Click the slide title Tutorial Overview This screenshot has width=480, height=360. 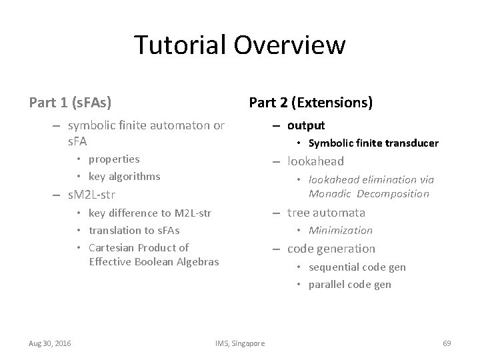(239, 45)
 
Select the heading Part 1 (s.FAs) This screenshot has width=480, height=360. (70, 103)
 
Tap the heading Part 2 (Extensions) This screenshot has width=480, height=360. (310, 103)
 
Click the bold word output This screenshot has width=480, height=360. (306, 125)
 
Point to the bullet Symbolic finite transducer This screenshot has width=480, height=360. (373, 143)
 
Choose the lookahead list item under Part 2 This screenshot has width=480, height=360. (315, 161)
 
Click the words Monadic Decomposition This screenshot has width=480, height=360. (369, 194)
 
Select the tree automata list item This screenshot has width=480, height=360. (326, 213)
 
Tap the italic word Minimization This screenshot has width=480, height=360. (340, 231)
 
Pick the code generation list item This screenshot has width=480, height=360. (331, 249)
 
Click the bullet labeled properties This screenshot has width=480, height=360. (114, 159)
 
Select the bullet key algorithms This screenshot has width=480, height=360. (124, 177)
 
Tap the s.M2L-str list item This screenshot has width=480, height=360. (92, 195)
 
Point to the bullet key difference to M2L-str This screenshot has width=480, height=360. (149, 213)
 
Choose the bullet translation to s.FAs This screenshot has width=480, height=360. (134, 230)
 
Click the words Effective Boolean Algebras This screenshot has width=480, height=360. (153, 261)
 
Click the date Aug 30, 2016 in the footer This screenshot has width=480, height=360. (51, 343)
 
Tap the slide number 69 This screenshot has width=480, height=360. (447, 343)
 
